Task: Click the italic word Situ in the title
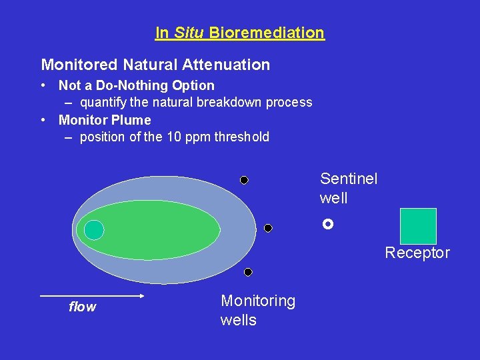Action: [x=189, y=33]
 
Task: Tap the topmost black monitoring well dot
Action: [x=244, y=180]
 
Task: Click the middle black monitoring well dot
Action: [x=268, y=228]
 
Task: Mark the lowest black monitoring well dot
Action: [x=248, y=272]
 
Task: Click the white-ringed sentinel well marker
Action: [x=327, y=225]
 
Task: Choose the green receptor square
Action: [x=418, y=226]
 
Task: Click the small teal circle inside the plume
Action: [x=94, y=230]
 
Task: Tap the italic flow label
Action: [x=83, y=307]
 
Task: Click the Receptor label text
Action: [x=417, y=253]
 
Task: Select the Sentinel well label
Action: [x=348, y=188]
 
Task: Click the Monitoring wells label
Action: [x=257, y=310]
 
